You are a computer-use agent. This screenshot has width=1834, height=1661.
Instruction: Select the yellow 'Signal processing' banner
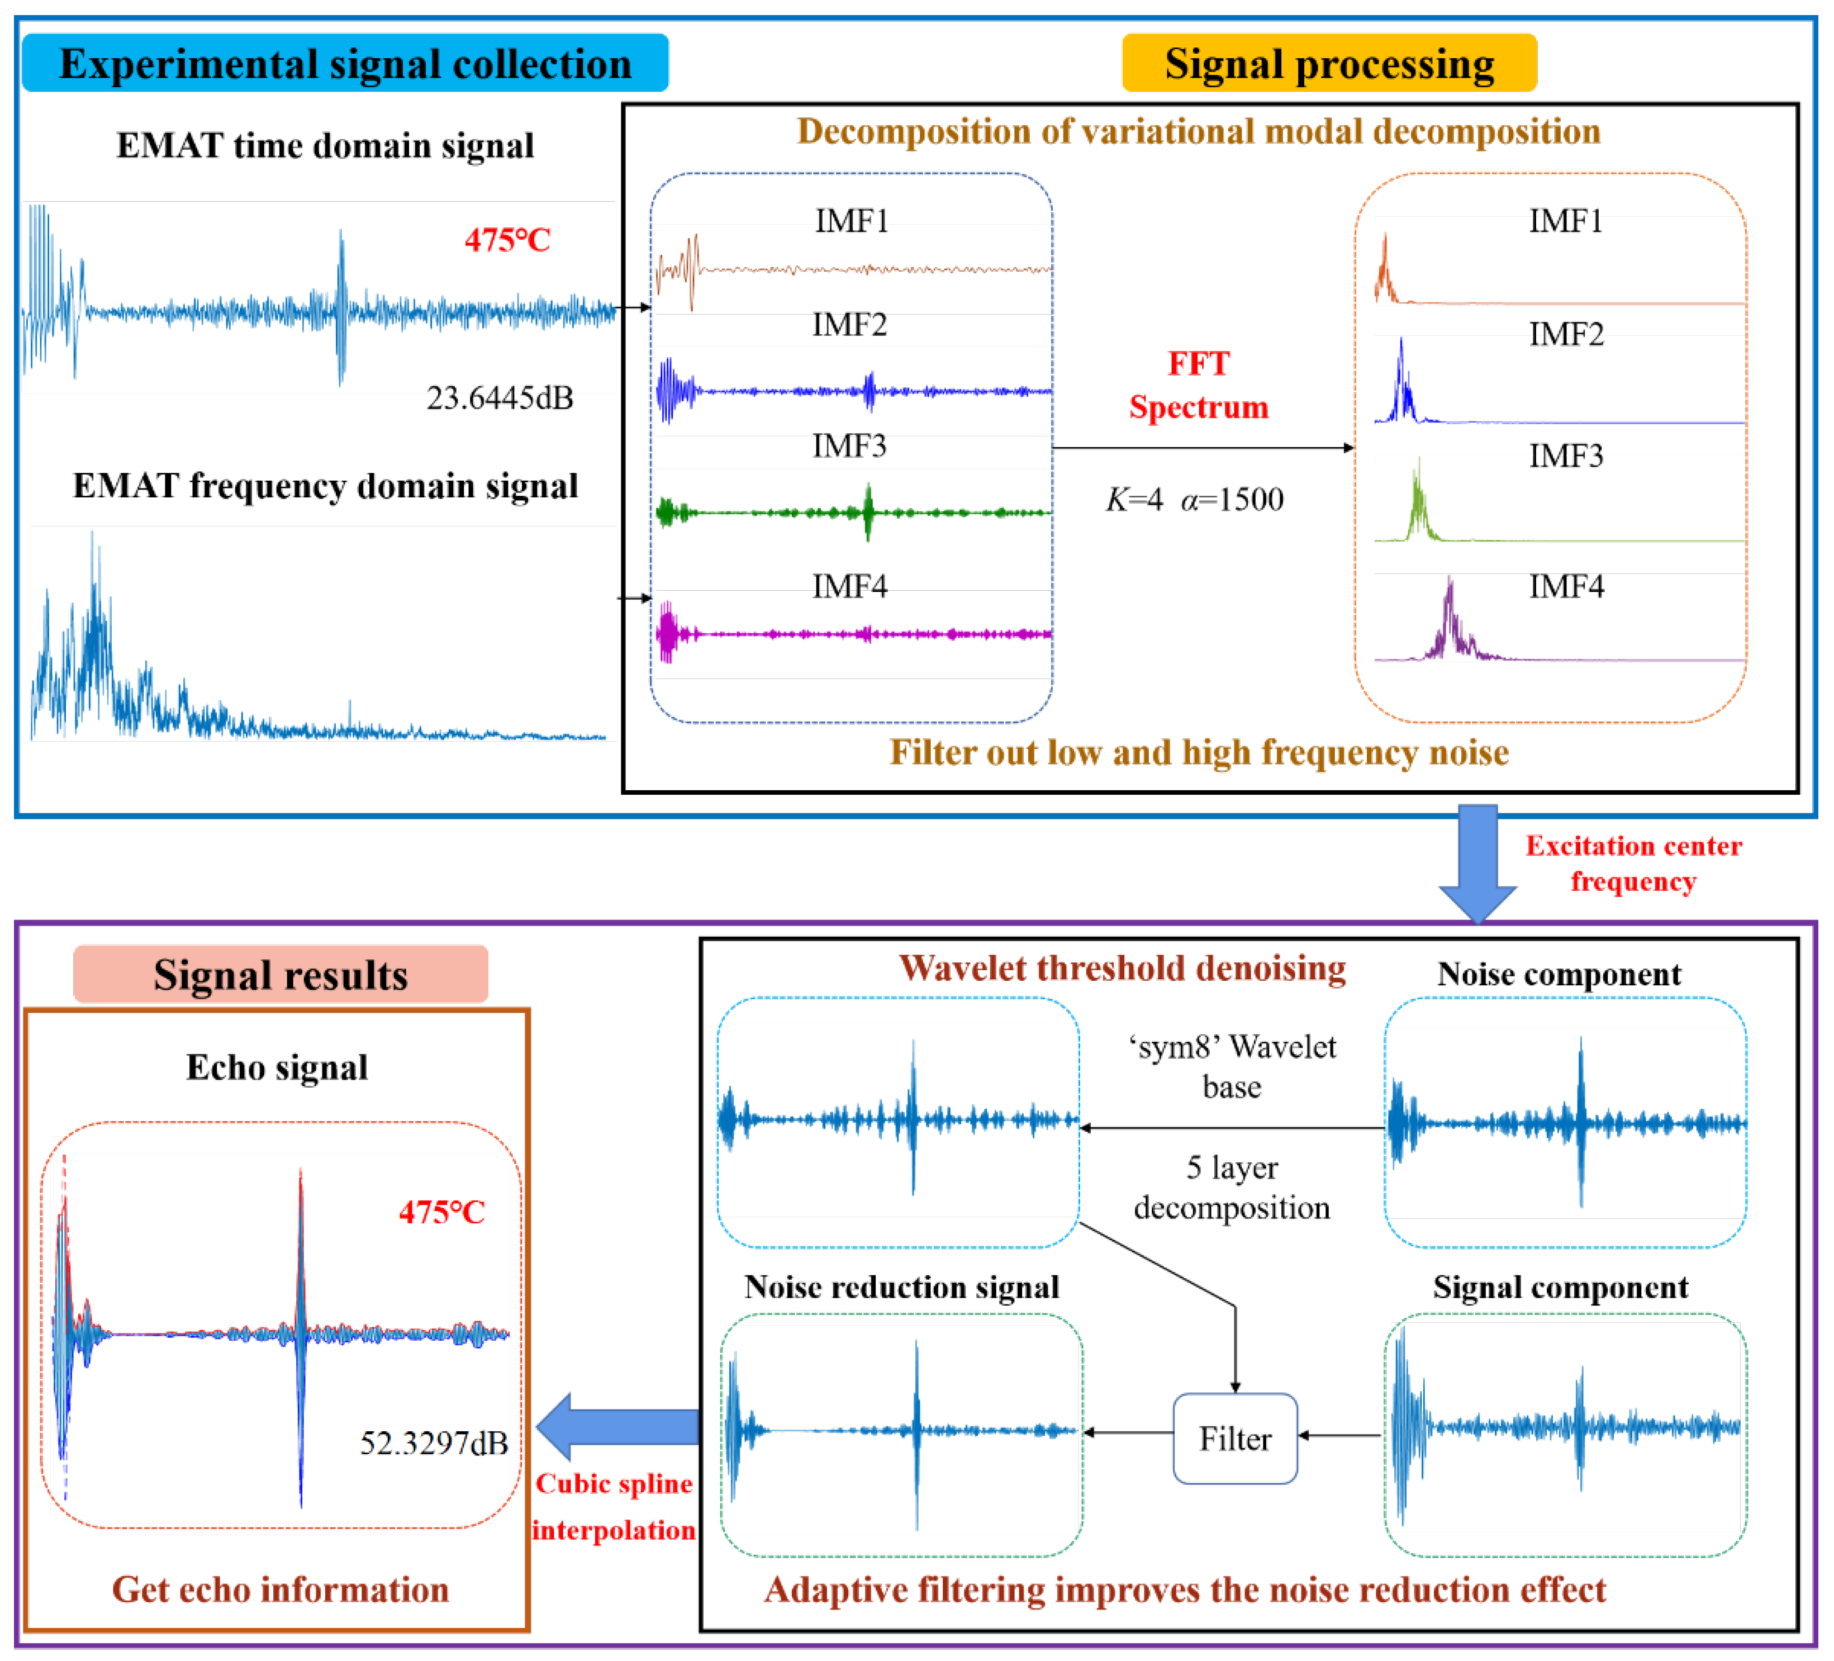point(1328,64)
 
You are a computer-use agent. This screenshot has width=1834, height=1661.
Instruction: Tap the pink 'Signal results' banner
point(280,974)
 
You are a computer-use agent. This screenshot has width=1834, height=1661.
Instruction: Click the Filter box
point(1234,1438)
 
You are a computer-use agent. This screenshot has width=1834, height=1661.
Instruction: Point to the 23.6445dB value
point(500,397)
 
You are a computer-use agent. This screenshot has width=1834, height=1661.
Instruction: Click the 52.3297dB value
point(434,1442)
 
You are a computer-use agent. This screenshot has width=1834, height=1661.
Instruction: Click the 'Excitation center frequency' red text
point(1633,863)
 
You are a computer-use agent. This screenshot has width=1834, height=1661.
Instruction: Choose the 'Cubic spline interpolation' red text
point(614,1506)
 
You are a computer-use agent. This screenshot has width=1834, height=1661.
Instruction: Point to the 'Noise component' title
point(1559,974)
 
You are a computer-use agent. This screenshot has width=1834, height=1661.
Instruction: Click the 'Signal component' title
point(1560,1287)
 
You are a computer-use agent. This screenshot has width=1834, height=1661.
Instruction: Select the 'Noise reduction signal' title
point(901,1287)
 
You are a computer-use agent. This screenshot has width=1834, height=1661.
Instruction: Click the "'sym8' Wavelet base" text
point(1232,1066)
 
